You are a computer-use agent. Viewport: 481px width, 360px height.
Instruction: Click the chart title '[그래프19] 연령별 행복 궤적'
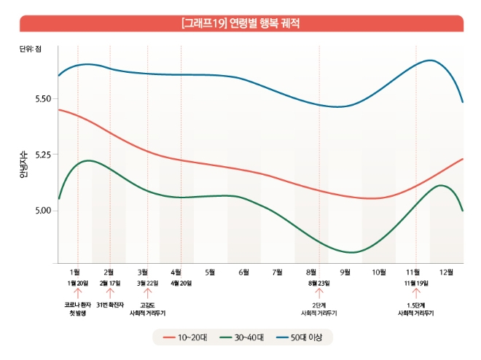pos(240,23)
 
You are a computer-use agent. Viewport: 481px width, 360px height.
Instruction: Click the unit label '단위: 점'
pos(31,50)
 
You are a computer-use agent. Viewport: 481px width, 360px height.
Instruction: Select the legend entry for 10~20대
pos(185,337)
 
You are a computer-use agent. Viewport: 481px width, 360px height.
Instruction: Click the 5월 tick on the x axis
pos(211,272)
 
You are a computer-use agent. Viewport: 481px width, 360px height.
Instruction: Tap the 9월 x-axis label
pos(345,272)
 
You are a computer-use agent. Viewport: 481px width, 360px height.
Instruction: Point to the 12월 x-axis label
pos(446,272)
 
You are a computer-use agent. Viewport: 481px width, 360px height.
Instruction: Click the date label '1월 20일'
pos(77,283)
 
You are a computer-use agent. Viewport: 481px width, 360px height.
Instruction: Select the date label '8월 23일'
pos(318,283)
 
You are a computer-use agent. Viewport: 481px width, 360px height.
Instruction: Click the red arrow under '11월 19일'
pos(415,293)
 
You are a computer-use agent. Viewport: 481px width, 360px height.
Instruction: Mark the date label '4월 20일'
pos(181,283)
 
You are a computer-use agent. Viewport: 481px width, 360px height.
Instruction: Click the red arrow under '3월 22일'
pos(147,293)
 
